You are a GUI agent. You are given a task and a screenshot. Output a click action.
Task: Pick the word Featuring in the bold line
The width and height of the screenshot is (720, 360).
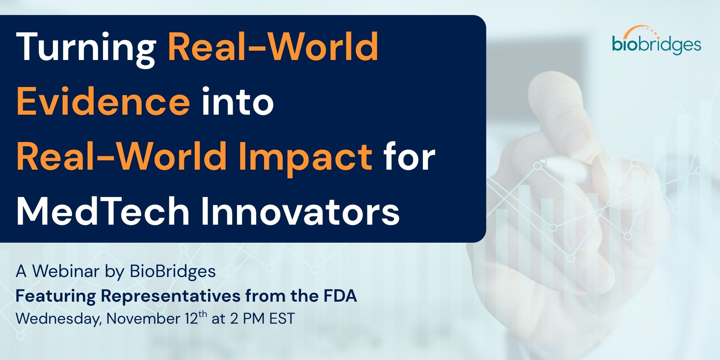[56, 296]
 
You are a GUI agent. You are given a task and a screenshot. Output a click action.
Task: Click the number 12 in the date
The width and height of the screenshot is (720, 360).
[191, 319]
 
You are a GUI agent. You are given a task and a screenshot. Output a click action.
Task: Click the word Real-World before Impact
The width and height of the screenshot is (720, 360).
[122, 156]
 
